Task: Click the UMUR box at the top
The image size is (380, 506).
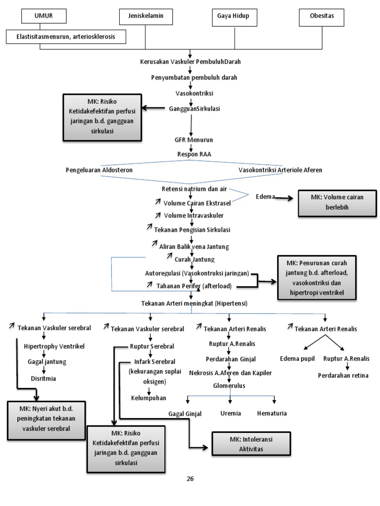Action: click(x=43, y=16)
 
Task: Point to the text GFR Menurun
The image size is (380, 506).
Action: click(x=190, y=140)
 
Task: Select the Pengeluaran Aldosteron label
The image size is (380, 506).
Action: click(x=99, y=169)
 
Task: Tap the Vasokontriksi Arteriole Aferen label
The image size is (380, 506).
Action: click(x=280, y=169)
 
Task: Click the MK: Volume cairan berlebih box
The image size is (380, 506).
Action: click(x=330, y=203)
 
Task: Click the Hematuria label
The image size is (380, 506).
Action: click(x=272, y=413)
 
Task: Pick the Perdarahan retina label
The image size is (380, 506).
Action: click(x=343, y=376)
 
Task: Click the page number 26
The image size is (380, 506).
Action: click(x=190, y=479)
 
